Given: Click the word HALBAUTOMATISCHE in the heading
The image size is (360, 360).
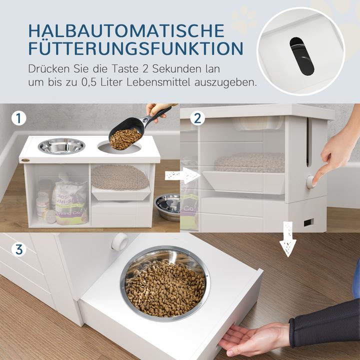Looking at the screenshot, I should click(x=126, y=30).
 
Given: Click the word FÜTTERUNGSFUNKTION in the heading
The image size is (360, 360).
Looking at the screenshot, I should click(x=136, y=49).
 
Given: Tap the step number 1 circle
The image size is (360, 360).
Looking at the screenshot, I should click(x=19, y=119).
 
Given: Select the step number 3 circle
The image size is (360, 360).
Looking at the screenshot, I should click(x=19, y=248).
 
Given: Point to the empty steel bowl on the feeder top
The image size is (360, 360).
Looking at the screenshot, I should click(x=61, y=146).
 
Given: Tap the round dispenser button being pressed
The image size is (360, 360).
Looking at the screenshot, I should click(x=311, y=181).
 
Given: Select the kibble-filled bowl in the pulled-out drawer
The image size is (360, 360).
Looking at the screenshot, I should click(x=165, y=283).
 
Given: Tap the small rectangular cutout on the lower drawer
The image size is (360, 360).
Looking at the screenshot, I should click(x=308, y=221).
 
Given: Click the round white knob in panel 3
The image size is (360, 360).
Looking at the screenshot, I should click(x=120, y=241).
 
